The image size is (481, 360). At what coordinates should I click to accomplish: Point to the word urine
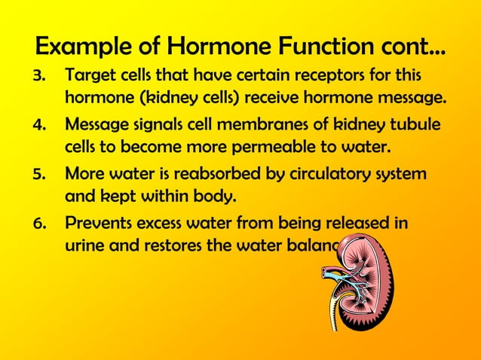pos(84,244)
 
